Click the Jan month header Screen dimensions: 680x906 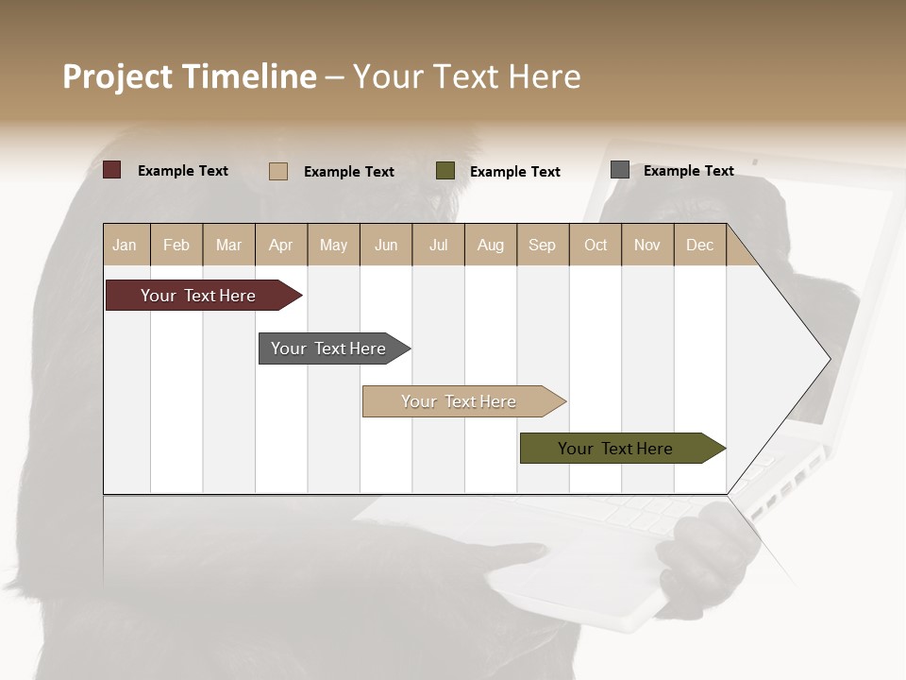[x=125, y=246]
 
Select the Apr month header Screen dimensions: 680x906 [x=281, y=246]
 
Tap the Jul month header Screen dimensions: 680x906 [x=438, y=246]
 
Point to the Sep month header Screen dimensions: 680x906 [x=542, y=246]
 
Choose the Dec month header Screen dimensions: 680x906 [x=699, y=246]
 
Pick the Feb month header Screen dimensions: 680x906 [x=176, y=246]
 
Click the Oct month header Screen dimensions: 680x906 [x=596, y=246]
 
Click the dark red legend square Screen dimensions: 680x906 [x=112, y=170]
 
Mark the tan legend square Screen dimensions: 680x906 [x=278, y=171]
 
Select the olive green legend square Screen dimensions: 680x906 [x=445, y=170]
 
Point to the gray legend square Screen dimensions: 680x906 [x=620, y=170]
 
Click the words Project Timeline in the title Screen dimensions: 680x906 [x=190, y=76]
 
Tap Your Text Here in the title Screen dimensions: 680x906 [x=467, y=76]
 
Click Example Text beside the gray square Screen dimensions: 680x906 [x=688, y=171]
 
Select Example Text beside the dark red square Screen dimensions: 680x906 [x=183, y=171]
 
